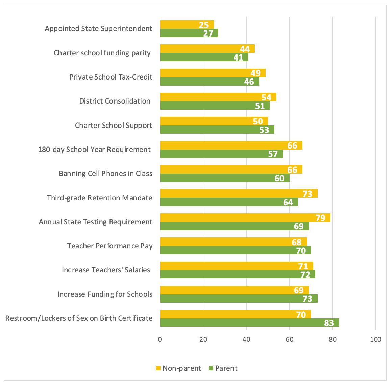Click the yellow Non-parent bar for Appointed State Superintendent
click(187, 25)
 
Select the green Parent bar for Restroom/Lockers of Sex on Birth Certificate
click(249, 323)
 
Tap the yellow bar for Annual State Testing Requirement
click(245, 218)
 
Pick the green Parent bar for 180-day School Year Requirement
click(221, 154)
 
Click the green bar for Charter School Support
click(217, 130)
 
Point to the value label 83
click(329, 323)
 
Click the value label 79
click(320, 218)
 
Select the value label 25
click(204, 25)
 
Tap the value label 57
click(273, 154)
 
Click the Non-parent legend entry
click(178, 368)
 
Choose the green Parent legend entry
click(223, 368)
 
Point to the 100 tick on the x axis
click(375, 339)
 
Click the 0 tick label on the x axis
click(160, 339)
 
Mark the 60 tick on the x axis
click(290, 339)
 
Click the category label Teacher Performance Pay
click(110, 246)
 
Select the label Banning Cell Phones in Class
click(105, 174)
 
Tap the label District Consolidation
click(115, 101)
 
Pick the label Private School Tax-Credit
click(111, 77)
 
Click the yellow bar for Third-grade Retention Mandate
click(239, 194)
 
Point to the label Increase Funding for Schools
click(105, 294)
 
